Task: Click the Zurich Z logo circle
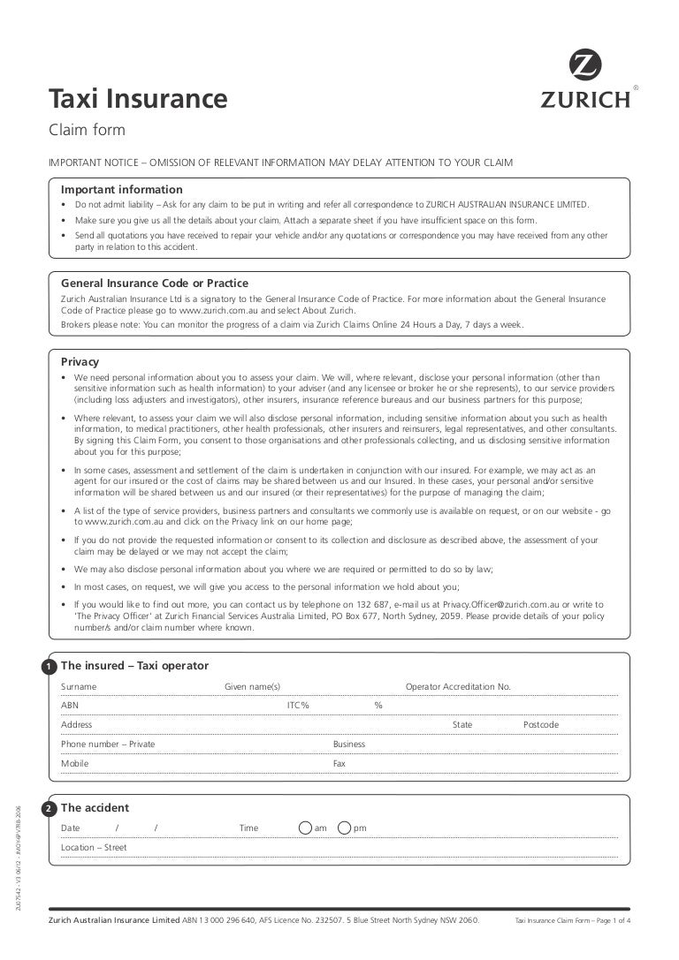coord(584,66)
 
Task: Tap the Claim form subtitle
coord(87,131)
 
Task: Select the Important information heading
coord(122,190)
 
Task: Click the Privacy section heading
coord(80,361)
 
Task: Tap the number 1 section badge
coord(49,667)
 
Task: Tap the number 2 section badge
coord(49,809)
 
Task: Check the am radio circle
coord(305,828)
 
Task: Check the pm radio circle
coord(344,828)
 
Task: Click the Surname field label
coord(79,687)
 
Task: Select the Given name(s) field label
coord(252,687)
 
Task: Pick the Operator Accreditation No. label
coord(458,687)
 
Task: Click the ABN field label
coord(70,706)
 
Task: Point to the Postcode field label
coord(541,725)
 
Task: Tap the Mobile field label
coord(74,764)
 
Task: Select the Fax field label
coord(339,764)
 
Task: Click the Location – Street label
coord(94,848)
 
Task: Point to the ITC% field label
coord(298,706)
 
